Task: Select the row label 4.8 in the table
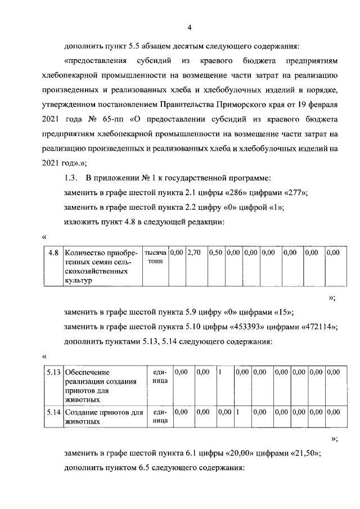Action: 53,253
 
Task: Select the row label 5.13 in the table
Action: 55,372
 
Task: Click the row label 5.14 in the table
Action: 55,412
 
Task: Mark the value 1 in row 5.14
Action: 238,412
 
